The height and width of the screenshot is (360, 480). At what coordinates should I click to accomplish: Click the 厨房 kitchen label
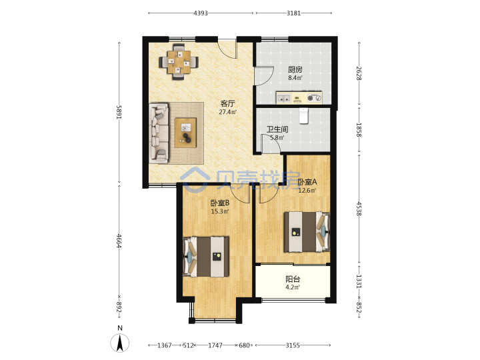click(x=295, y=69)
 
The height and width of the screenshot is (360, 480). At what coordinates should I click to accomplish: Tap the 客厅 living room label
click(x=228, y=103)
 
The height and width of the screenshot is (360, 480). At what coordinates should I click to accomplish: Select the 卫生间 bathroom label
click(x=277, y=129)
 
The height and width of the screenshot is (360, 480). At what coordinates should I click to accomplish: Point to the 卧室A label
click(x=307, y=182)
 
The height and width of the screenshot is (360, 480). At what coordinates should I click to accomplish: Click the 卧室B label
click(x=220, y=203)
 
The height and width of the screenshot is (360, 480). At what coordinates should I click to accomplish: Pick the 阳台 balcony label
click(x=293, y=279)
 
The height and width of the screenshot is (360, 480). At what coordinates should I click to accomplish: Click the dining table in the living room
click(x=179, y=62)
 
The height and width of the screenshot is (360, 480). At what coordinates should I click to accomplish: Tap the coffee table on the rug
click(x=185, y=133)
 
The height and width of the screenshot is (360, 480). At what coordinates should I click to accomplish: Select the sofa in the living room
click(x=159, y=133)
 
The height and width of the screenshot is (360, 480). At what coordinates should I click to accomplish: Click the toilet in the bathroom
click(x=303, y=116)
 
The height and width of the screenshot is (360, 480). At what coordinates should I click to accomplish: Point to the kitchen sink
click(x=283, y=98)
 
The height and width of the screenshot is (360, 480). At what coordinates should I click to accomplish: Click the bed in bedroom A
click(x=307, y=232)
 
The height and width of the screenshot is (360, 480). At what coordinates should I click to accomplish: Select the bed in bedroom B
click(x=206, y=257)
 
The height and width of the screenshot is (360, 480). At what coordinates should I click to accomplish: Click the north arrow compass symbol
click(x=120, y=343)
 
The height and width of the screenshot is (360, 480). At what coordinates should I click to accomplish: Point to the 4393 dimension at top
click(x=201, y=13)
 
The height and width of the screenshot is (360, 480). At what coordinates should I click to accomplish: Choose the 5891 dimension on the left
click(x=119, y=113)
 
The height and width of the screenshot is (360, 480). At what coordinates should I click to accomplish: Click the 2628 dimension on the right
click(x=359, y=73)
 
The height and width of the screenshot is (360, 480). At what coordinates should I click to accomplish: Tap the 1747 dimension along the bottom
click(x=215, y=345)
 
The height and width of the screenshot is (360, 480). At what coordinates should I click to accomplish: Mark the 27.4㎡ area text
click(x=228, y=112)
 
